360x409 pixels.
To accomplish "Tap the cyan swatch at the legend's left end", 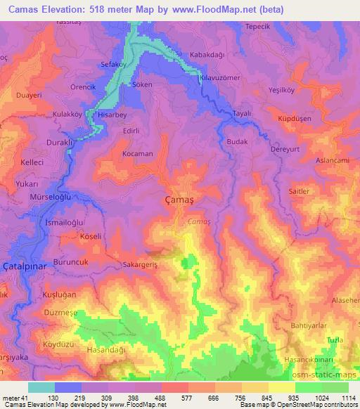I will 41,387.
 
